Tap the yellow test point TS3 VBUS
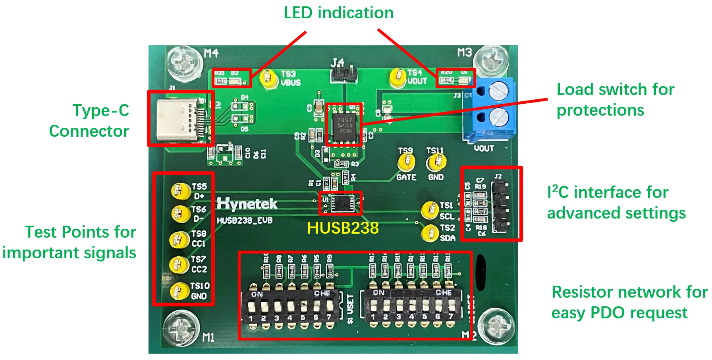click(x=268, y=78)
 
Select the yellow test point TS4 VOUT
click(x=397, y=77)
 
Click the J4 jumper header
click(x=344, y=73)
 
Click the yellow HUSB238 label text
click(x=343, y=228)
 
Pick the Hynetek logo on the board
click(x=247, y=204)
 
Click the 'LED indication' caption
click(x=338, y=13)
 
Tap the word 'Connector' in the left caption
click(x=89, y=131)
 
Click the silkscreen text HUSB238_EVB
click(x=245, y=221)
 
